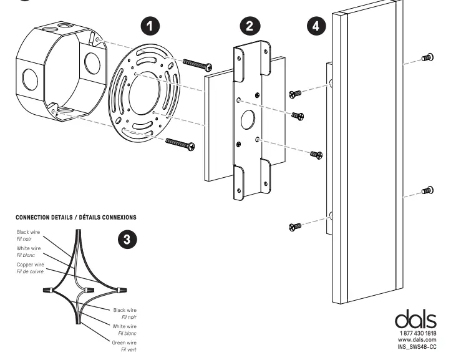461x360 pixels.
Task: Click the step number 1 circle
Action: click(150, 26)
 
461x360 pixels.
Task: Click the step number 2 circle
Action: click(250, 26)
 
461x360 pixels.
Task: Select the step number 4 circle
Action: click(318, 26)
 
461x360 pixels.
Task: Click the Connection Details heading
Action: click(75, 217)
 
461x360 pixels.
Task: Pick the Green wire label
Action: click(124, 343)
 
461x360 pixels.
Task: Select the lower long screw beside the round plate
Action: click(181, 144)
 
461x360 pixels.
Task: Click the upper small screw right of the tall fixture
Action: click(428, 57)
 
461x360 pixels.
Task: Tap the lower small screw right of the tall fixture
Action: click(428, 190)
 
